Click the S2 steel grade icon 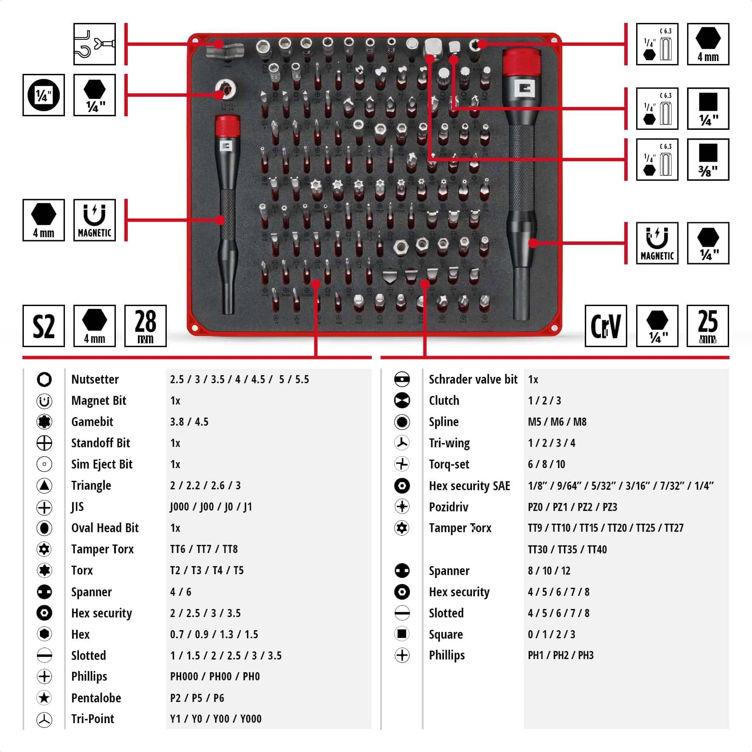[x=43, y=326]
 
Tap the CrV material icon [x=606, y=326]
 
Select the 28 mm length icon [x=145, y=326]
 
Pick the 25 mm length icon [x=707, y=326]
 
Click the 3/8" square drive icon [x=707, y=160]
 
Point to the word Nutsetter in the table [x=95, y=379]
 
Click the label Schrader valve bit [x=473, y=379]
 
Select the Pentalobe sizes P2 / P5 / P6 [x=197, y=698]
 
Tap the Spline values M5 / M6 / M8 [x=557, y=422]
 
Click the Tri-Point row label [x=93, y=719]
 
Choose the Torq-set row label [x=449, y=464]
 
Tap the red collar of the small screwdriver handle [x=227, y=126]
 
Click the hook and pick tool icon [x=94, y=44]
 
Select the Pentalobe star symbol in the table [x=44, y=698]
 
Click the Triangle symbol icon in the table [x=44, y=485]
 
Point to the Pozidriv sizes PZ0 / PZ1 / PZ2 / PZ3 [x=572, y=507]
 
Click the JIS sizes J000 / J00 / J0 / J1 [x=211, y=507]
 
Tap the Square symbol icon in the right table [x=401, y=634]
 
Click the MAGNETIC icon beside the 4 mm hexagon [x=94, y=220]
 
